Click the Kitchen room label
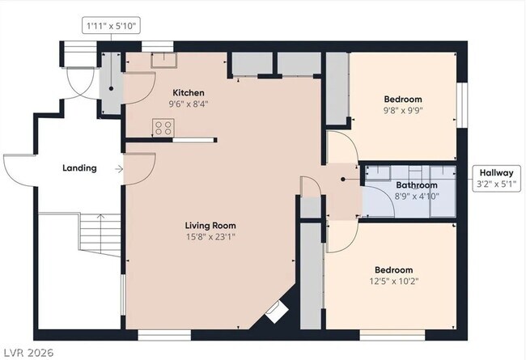tap(188, 93)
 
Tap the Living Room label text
tap(210, 226)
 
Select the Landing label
tap(79, 168)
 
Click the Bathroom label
tap(416, 185)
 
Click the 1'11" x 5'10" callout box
tap(112, 26)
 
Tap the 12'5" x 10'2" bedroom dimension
tap(393, 282)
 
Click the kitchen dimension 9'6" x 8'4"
tap(188, 104)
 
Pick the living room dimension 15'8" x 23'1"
tap(210, 237)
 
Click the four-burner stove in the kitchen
tap(163, 127)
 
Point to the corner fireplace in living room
tap(276, 312)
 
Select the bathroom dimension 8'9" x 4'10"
tap(416, 197)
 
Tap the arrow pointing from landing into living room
tap(119, 169)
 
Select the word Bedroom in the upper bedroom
tap(402, 100)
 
